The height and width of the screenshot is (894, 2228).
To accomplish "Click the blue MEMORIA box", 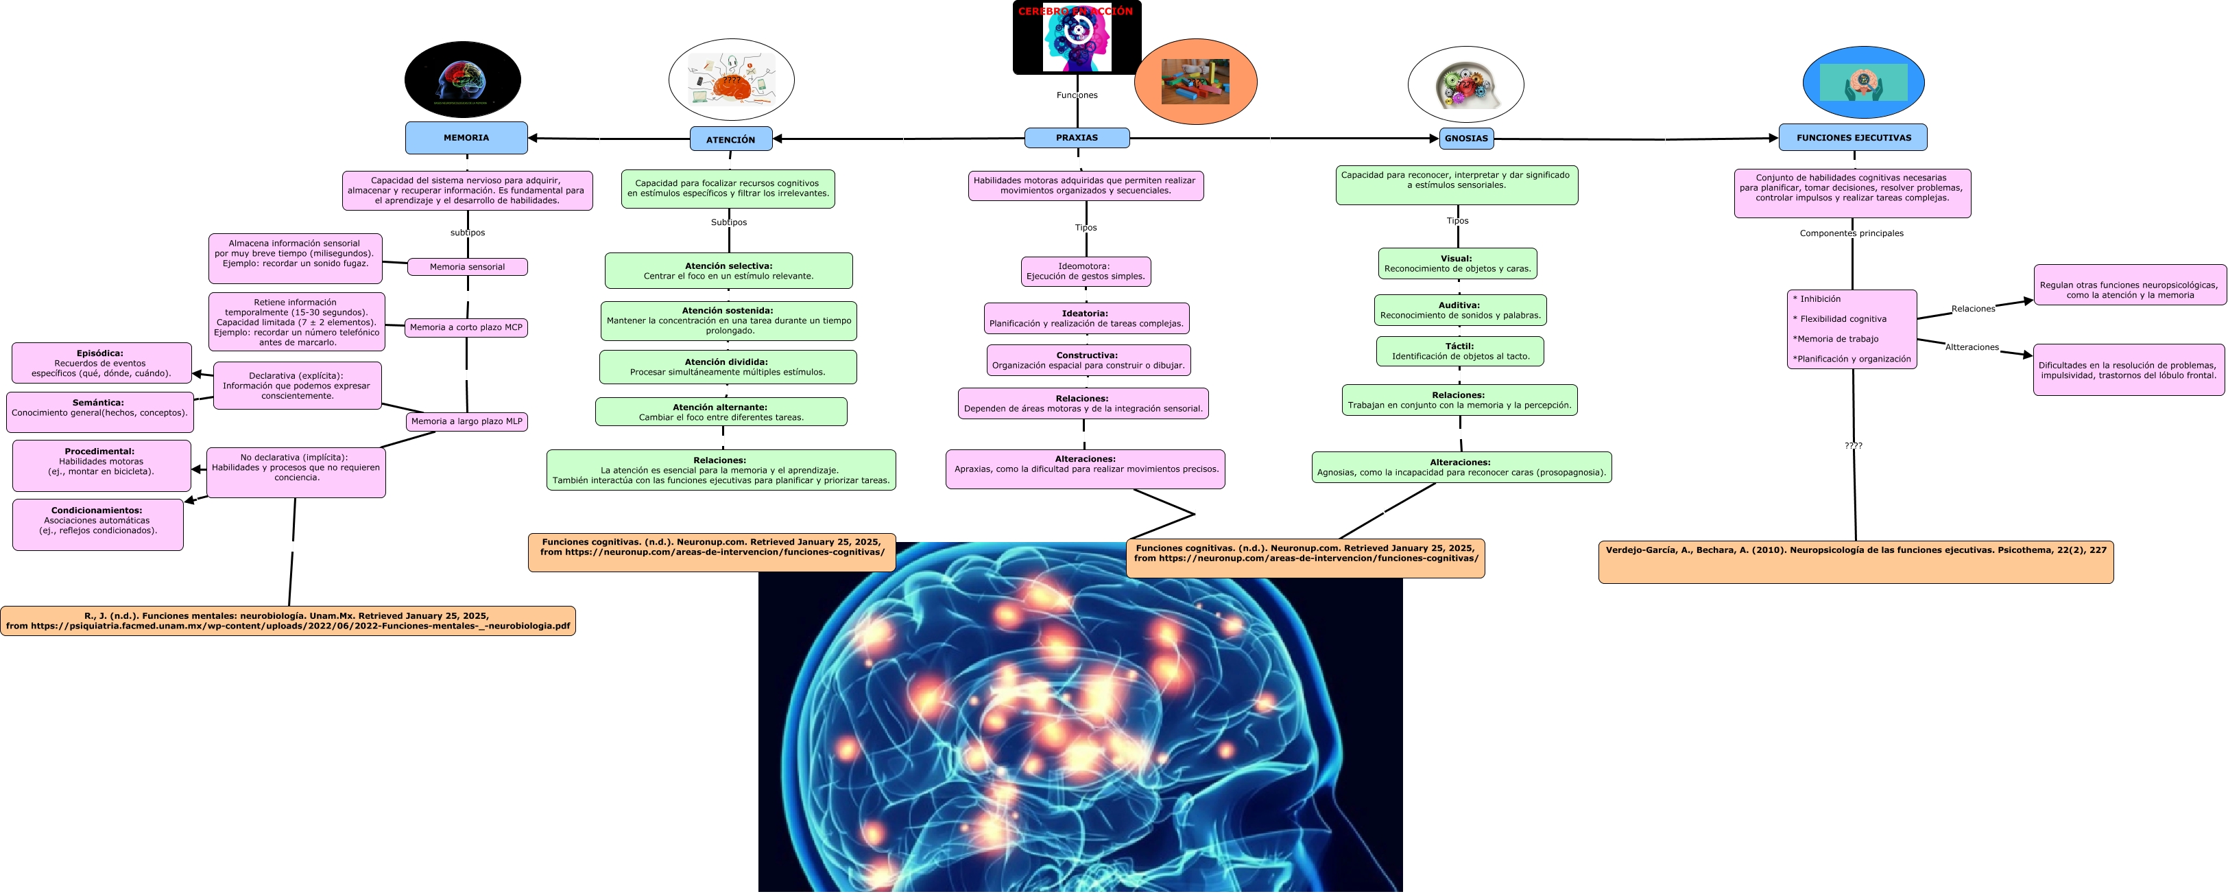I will point(466,138).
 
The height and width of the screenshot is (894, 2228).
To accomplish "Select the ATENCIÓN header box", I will point(731,139).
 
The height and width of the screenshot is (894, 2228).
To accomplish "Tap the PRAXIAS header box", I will point(1077,138).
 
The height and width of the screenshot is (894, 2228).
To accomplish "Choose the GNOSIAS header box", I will point(1466,139).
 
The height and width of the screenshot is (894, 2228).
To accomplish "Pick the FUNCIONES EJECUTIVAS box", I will point(1853,138).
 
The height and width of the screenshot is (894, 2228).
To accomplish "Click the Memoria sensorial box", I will point(467,267).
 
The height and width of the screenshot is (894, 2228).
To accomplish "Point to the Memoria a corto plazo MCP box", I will point(466,327).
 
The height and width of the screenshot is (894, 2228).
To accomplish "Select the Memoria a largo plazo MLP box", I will point(466,421).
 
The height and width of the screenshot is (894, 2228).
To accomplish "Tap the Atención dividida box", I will point(728,367).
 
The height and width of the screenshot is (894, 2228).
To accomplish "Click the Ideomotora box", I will point(1086,272).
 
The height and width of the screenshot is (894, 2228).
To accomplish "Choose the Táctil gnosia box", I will point(1460,351).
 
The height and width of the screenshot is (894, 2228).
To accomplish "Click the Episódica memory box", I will point(101,364).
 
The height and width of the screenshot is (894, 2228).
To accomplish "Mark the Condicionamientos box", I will point(98,524).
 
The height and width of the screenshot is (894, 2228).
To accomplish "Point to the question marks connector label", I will point(1853,446).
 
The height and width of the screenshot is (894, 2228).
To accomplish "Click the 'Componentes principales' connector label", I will point(1851,233).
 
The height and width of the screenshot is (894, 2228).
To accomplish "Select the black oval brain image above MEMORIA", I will point(463,80).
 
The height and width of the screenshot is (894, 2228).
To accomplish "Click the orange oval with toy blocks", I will point(1195,82).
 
